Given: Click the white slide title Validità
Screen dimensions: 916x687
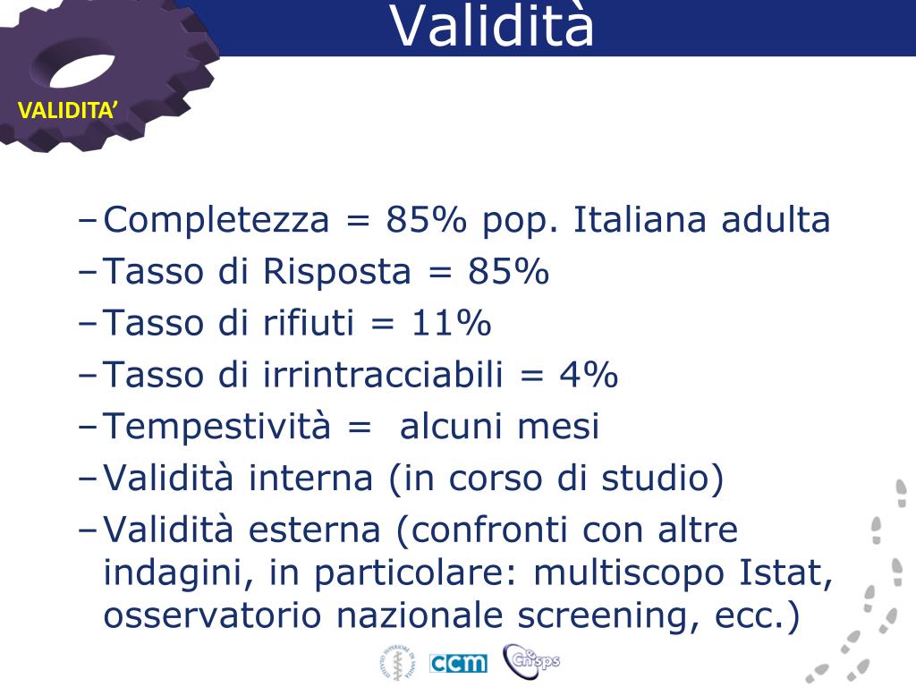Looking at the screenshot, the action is (492, 26).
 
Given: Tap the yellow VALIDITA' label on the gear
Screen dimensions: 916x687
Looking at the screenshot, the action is (68, 110).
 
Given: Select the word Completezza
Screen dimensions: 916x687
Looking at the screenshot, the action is (216, 221).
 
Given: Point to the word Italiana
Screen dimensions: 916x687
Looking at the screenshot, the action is (640, 220).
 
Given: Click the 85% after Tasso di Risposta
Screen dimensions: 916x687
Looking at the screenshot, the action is (508, 271).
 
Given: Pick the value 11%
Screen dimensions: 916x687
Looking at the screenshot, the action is (451, 322).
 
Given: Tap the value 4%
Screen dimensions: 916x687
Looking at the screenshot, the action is (589, 374).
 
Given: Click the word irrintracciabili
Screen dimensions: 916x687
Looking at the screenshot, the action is (383, 374).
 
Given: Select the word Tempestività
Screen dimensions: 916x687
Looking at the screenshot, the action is (216, 427).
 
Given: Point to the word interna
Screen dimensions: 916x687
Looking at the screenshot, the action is (310, 478).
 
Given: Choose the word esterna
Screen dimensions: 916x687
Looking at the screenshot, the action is (314, 530).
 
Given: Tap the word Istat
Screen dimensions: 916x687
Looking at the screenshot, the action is (785, 572).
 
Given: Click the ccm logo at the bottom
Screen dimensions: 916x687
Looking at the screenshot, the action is (458, 663).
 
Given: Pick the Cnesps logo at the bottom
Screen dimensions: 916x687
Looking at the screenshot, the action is (531, 660).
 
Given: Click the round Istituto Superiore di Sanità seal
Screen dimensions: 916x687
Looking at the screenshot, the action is (398, 663).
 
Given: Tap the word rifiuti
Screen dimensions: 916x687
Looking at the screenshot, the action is (309, 322).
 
